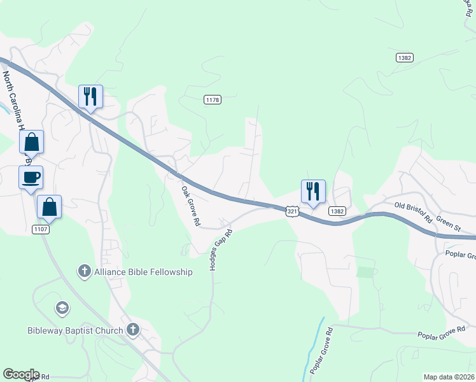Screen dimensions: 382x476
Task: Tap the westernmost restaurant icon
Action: coord(90,97)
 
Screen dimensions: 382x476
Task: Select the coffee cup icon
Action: coord(31,177)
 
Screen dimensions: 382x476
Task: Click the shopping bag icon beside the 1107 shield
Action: coord(50,207)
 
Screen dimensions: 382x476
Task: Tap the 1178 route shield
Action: coord(213,99)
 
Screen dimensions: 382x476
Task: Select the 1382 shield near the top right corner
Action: coord(405,57)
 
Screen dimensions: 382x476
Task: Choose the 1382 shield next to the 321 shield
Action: coord(338,211)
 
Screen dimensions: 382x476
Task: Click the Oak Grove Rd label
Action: coord(190,206)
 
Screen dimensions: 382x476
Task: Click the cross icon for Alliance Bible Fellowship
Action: coord(84,272)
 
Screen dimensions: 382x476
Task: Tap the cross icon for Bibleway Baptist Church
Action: coord(132,330)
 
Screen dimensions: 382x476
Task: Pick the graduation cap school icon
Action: coord(62,309)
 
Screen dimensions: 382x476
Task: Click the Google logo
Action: coord(21,374)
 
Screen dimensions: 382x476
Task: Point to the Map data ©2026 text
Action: coord(448,377)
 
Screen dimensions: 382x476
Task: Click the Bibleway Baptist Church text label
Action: coord(75,330)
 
